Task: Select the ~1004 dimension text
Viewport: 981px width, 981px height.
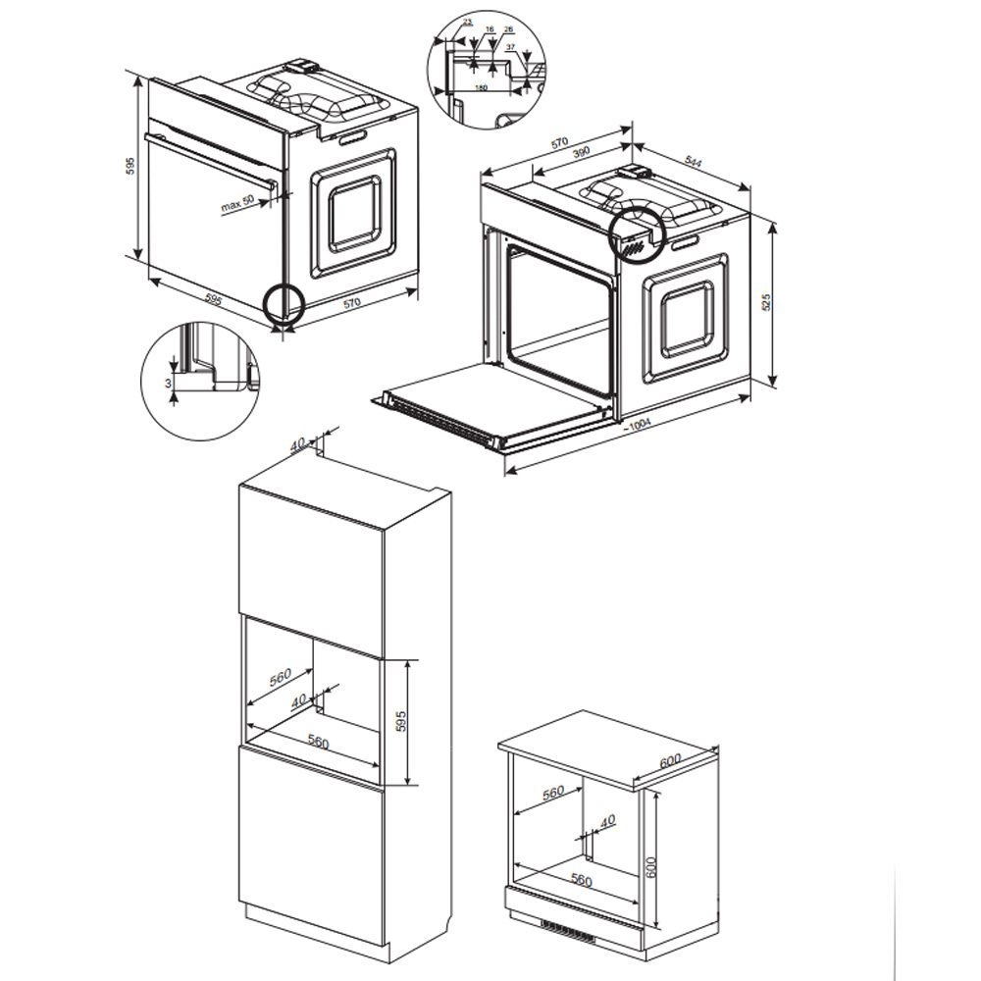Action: pos(640,424)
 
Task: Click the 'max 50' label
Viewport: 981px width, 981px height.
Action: pos(236,204)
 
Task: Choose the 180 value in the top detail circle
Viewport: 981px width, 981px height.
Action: pos(481,87)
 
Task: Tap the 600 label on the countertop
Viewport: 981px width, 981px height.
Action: pos(670,761)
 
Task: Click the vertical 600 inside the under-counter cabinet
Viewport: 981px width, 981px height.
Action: pos(650,861)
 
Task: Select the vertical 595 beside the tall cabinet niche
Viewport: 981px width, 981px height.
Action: pos(399,721)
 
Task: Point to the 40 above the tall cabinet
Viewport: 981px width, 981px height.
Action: pos(298,444)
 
